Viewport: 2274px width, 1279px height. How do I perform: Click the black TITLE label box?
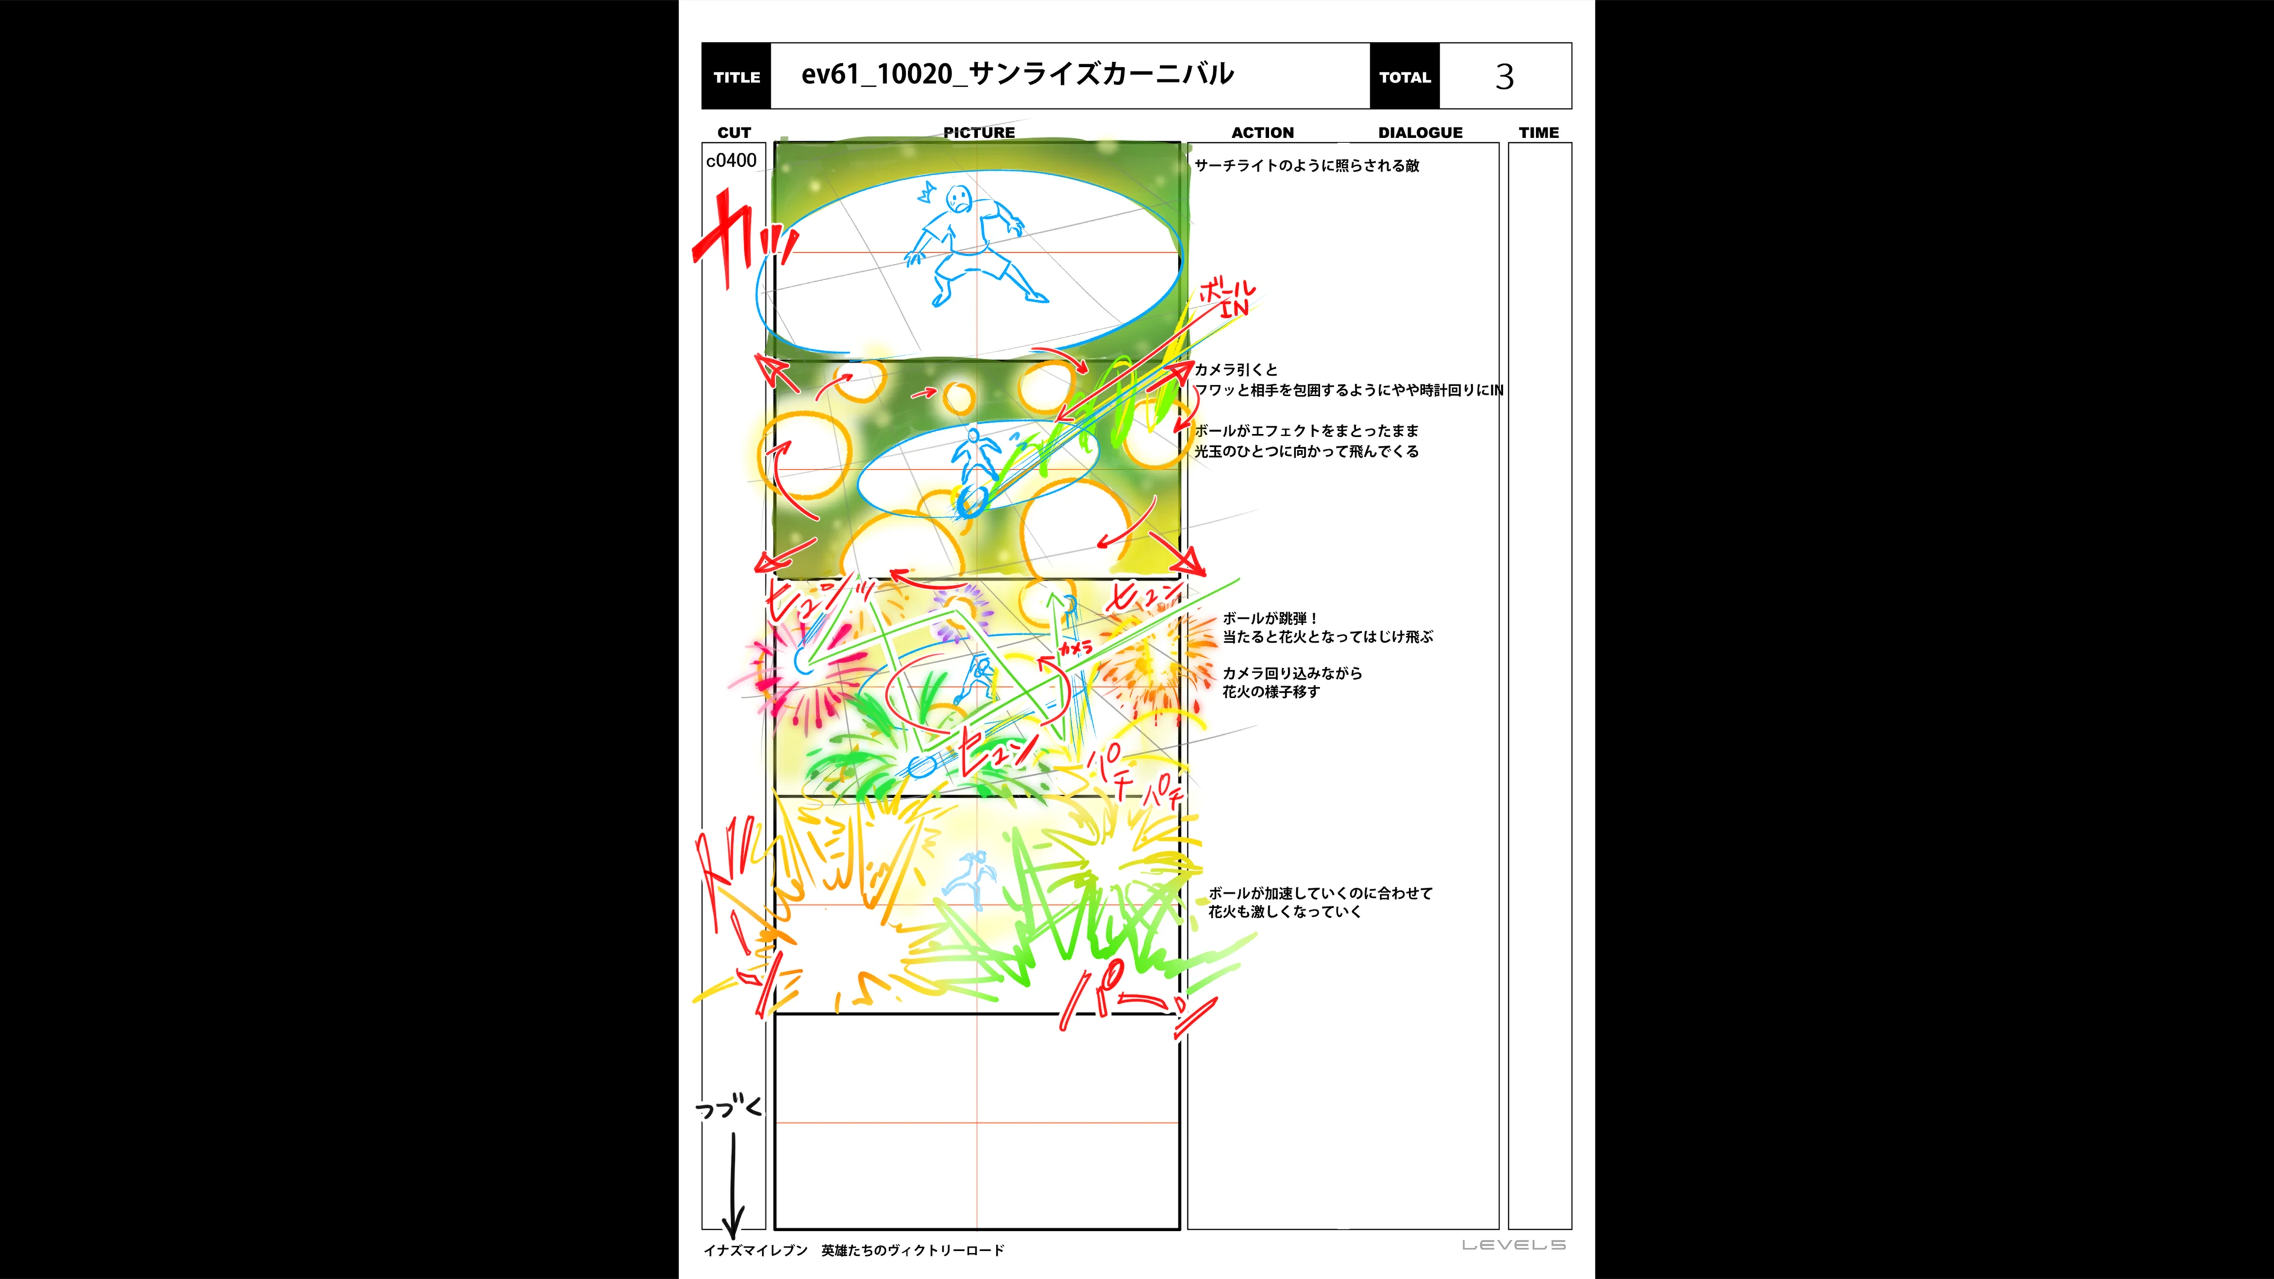click(x=735, y=77)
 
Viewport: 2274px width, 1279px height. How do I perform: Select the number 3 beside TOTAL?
click(x=1504, y=77)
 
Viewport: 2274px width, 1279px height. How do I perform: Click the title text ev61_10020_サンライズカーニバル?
click(x=1017, y=74)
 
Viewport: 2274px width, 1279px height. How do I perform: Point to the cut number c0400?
click(x=731, y=160)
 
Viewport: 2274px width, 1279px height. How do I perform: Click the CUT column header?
click(x=734, y=133)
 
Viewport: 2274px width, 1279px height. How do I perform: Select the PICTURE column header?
click(x=978, y=133)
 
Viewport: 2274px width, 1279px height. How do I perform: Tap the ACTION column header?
click(x=1263, y=133)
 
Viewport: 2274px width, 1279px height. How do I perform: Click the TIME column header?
click(x=1539, y=133)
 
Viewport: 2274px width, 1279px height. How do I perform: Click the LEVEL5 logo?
click(x=1513, y=1245)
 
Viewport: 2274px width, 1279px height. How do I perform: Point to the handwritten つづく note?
click(x=727, y=1108)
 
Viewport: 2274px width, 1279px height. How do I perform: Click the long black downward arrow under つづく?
click(x=733, y=1183)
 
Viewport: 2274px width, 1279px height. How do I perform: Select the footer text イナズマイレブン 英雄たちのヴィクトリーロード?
click(x=853, y=1250)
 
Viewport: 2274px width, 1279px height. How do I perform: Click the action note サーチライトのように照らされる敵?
click(x=1306, y=165)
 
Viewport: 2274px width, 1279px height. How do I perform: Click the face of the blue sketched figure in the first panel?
click(x=957, y=198)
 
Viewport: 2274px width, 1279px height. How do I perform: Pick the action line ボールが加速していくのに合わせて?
click(x=1320, y=894)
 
